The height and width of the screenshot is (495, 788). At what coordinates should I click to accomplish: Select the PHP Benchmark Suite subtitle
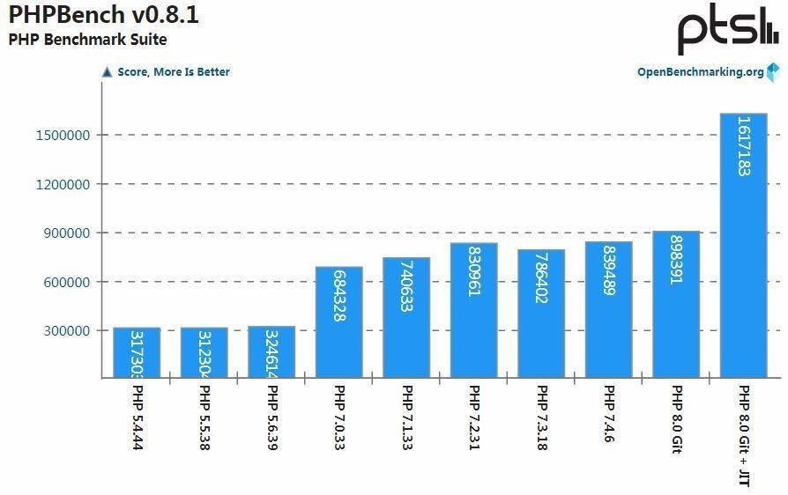[87, 40]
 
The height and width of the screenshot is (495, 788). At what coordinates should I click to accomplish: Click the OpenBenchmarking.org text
[701, 72]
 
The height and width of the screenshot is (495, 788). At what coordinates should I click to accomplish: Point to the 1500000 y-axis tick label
[64, 135]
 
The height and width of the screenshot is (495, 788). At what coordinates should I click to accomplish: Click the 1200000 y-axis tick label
[64, 184]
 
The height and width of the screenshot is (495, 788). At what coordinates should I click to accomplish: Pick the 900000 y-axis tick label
[68, 233]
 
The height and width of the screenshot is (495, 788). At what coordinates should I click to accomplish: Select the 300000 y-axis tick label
[68, 331]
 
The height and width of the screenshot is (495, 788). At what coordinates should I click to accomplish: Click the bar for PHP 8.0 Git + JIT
[743, 247]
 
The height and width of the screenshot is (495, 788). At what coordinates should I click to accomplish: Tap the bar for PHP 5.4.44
[137, 352]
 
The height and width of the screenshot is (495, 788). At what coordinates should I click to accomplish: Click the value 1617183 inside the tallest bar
[743, 146]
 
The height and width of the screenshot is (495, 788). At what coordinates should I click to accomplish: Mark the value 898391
[676, 260]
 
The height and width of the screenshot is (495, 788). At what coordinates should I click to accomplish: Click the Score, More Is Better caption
[173, 72]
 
